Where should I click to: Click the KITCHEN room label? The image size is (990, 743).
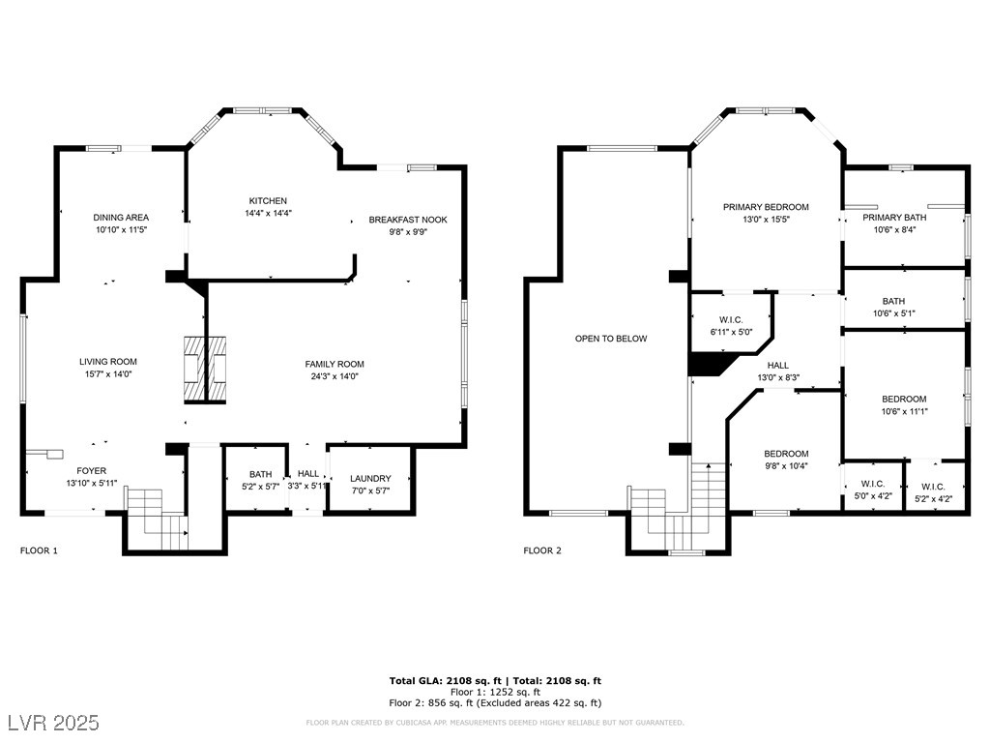268,201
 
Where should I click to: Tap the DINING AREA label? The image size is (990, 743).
121,218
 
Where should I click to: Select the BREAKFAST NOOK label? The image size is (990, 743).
408,220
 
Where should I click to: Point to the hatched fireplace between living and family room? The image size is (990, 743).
205,370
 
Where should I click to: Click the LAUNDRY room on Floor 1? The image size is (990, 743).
370,478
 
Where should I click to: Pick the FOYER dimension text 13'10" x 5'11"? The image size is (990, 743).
92,484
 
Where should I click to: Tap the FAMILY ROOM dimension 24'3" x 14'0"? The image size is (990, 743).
334,376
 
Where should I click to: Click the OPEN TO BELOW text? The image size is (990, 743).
611,339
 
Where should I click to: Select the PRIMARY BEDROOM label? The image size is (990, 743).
766,207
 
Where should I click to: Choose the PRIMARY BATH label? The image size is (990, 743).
894,218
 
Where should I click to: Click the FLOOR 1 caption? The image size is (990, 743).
39,550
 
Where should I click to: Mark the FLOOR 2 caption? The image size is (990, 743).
542,550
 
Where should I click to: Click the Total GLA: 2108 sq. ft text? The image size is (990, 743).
445,680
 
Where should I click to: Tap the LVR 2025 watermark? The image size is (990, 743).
54,723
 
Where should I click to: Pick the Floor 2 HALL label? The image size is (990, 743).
778,365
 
